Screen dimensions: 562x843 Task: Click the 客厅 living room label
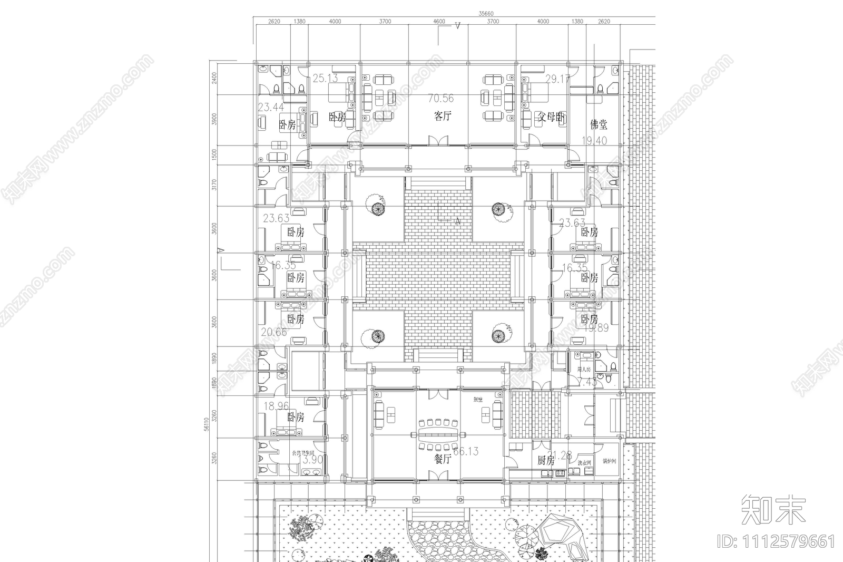[x=443, y=115]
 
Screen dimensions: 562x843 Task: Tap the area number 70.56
[x=440, y=98]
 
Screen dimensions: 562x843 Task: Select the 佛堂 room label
[x=599, y=124]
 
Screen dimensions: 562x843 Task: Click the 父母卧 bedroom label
[x=551, y=118]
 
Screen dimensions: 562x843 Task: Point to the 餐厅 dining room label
[x=443, y=459]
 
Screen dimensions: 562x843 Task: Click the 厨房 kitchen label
[x=546, y=460]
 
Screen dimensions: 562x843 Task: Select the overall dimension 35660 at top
[x=486, y=14]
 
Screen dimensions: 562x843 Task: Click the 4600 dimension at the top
[x=439, y=22]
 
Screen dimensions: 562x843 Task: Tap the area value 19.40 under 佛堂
[x=594, y=141]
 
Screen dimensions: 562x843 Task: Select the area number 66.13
[x=466, y=451]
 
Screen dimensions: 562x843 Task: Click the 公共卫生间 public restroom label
[x=303, y=453]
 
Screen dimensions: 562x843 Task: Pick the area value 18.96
[x=276, y=406]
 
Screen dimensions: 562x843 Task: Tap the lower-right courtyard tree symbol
[x=498, y=335]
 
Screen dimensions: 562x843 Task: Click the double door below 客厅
[x=438, y=140]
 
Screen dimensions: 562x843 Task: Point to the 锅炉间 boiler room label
[x=608, y=461]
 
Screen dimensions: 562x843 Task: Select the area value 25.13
[x=325, y=79]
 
